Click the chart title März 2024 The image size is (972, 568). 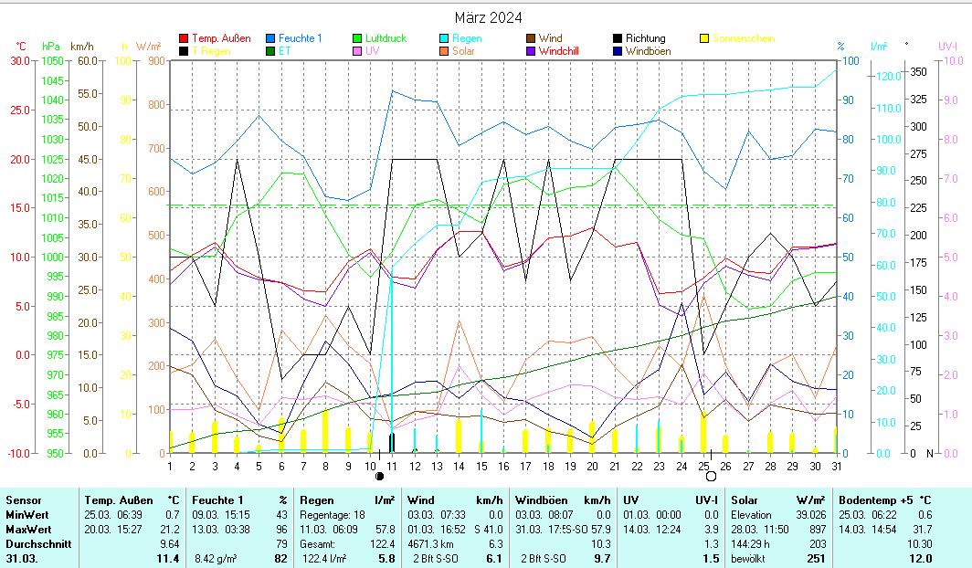click(489, 17)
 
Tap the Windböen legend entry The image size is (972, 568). click(648, 51)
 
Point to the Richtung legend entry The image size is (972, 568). click(646, 38)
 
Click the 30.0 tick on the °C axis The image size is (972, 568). click(19, 60)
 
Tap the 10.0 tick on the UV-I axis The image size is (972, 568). click(951, 60)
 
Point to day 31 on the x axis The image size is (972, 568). click(836, 466)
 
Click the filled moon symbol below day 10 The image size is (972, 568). click(380, 476)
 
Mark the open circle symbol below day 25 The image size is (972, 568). click(711, 476)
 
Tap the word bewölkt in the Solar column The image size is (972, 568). click(748, 558)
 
